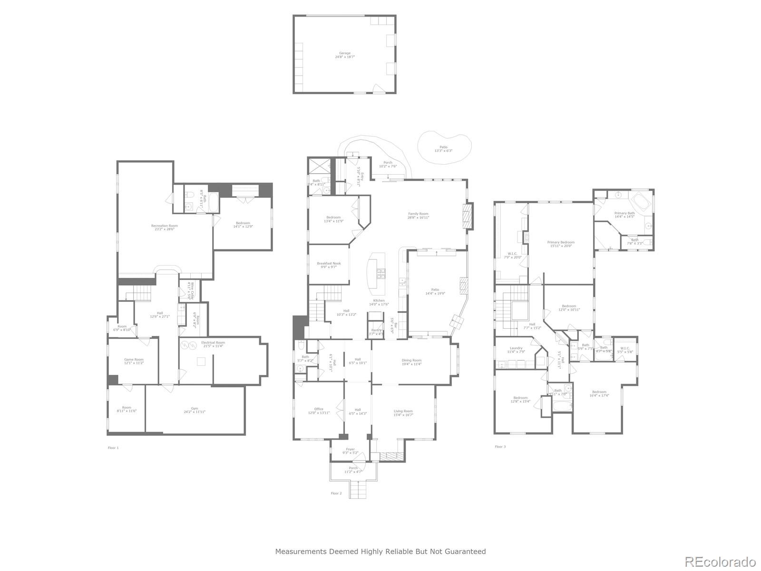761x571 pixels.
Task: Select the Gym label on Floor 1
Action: [195, 410]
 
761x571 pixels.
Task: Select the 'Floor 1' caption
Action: [113, 448]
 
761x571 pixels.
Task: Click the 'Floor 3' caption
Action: [500, 447]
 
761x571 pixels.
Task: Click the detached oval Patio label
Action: [443, 149]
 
